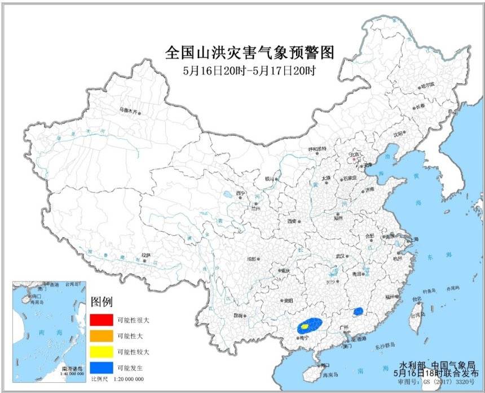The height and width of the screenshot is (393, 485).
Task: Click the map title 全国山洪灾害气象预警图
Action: click(x=250, y=53)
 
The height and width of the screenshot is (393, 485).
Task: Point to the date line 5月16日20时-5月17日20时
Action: click(x=249, y=71)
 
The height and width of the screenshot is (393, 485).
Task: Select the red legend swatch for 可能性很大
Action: click(x=100, y=319)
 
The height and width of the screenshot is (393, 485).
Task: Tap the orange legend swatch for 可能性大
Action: click(x=100, y=335)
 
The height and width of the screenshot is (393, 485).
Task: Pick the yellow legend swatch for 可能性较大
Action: click(x=100, y=351)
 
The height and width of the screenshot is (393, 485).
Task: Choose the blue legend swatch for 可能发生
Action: click(x=100, y=368)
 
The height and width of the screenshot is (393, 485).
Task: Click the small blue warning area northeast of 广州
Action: click(x=358, y=311)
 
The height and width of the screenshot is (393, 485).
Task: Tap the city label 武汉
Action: click(x=340, y=255)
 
